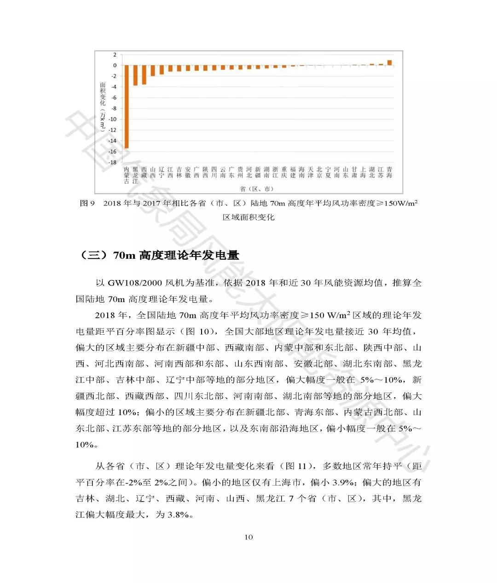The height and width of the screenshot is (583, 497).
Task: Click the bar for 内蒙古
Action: tap(127, 107)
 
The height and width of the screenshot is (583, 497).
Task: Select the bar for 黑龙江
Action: tap(135, 75)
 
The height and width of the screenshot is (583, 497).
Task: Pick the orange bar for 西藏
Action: tap(144, 74)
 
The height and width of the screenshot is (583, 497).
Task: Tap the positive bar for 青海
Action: tap(389, 63)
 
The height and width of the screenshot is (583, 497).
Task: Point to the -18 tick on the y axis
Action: tap(113, 162)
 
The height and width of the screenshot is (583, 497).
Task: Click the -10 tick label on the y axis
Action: tap(113, 119)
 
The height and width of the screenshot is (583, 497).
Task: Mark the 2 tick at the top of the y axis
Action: tap(115, 55)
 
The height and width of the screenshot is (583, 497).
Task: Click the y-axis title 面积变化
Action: tap(103, 94)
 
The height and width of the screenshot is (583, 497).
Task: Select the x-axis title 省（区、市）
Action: tap(256, 189)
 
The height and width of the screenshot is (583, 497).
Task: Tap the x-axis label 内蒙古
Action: tap(127, 175)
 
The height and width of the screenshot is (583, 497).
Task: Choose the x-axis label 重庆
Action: tap(284, 172)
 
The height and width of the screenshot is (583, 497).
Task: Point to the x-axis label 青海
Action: tap(389, 172)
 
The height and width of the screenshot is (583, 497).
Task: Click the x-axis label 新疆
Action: tap(258, 172)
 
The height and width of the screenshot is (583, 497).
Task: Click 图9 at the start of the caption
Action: tap(87, 203)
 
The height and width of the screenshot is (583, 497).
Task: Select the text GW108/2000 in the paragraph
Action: tap(135, 283)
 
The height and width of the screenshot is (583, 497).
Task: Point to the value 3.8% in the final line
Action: tap(179, 514)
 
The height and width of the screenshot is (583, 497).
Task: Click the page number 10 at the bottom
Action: tap(248, 537)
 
